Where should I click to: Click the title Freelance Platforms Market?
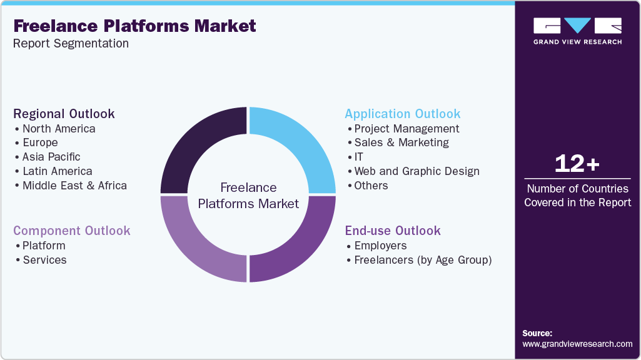[x=134, y=26]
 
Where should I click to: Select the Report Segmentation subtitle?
[x=71, y=44]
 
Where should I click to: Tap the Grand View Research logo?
[x=577, y=31]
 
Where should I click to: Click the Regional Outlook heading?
[x=64, y=114]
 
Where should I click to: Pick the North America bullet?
[x=59, y=129]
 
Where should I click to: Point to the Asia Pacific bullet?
[x=51, y=157]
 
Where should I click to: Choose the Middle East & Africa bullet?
[x=74, y=186]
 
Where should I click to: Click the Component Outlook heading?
[x=72, y=231]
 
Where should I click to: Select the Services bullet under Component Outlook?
[x=44, y=260]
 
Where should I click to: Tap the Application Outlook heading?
[x=403, y=114]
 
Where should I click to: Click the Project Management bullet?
[x=406, y=129]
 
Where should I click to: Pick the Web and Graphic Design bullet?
[x=416, y=171]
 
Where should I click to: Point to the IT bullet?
[x=358, y=157]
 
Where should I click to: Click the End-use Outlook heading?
[x=393, y=231]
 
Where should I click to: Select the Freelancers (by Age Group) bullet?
[x=423, y=260]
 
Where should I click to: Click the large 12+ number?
[x=577, y=164]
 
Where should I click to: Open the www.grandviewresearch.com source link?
[x=577, y=344]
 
